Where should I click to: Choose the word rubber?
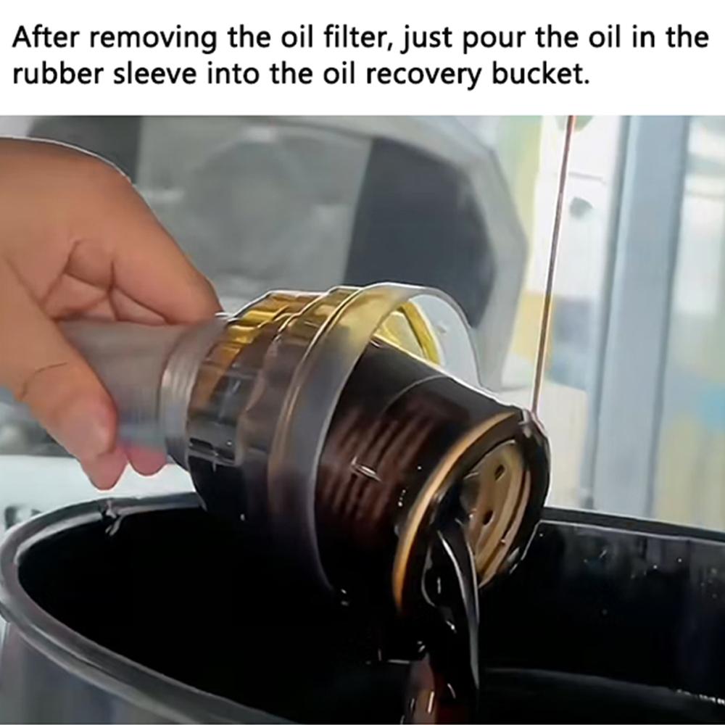pos(57,74)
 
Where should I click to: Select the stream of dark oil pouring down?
pos(449,616)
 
